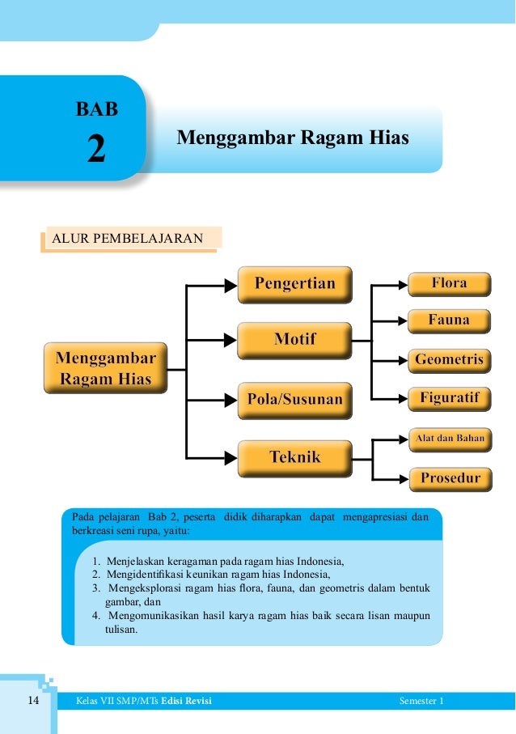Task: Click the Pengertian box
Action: pos(294,284)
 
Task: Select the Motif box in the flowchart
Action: pos(294,340)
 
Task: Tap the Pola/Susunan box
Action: pos(294,399)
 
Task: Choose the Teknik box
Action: pos(294,458)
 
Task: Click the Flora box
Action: pos(449,284)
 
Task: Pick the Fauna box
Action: pos(449,320)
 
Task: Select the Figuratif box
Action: pos(449,398)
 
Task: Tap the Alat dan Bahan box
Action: pos(449,439)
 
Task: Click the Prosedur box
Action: pos(449,478)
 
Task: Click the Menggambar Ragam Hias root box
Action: pos(105,368)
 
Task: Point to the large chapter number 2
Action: pos(96,150)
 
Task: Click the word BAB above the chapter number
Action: pos(96,108)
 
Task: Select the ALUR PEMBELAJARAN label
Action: pos(132,239)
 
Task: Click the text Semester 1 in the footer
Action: pos(421,701)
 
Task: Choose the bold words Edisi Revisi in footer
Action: pos(186,701)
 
